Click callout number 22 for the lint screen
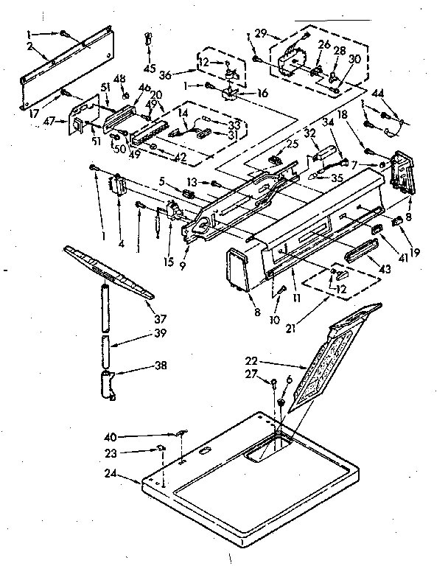pyautogui.click(x=252, y=362)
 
